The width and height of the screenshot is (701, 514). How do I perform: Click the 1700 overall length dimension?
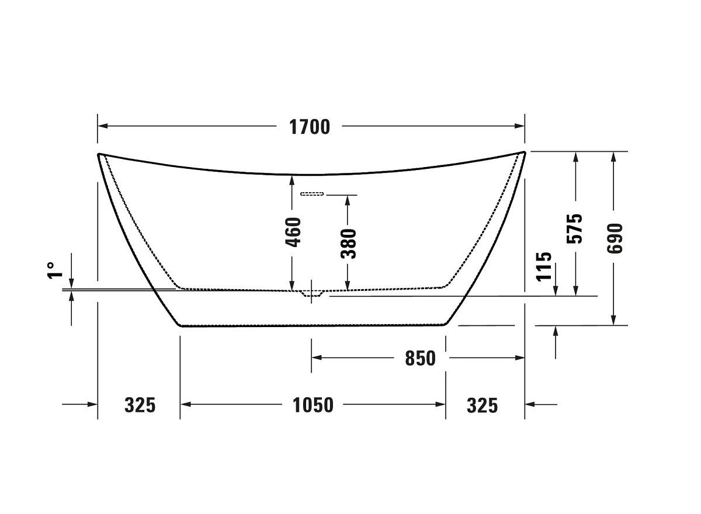pyautogui.click(x=310, y=127)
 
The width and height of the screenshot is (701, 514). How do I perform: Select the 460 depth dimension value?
pyautogui.click(x=294, y=232)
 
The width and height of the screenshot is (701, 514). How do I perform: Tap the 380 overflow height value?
pyautogui.click(x=349, y=244)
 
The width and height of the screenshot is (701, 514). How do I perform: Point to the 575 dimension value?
pyautogui.click(x=575, y=229)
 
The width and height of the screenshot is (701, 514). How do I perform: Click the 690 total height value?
pyautogui.click(x=615, y=238)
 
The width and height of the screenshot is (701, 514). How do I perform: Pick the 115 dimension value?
pyautogui.click(x=544, y=266)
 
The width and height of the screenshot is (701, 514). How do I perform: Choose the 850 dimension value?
pyautogui.click(x=420, y=359)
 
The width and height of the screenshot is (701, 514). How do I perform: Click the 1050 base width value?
pyautogui.click(x=313, y=405)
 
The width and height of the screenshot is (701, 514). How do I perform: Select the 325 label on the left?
pyautogui.click(x=140, y=405)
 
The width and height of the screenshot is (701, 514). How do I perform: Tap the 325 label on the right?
pyautogui.click(x=483, y=406)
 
